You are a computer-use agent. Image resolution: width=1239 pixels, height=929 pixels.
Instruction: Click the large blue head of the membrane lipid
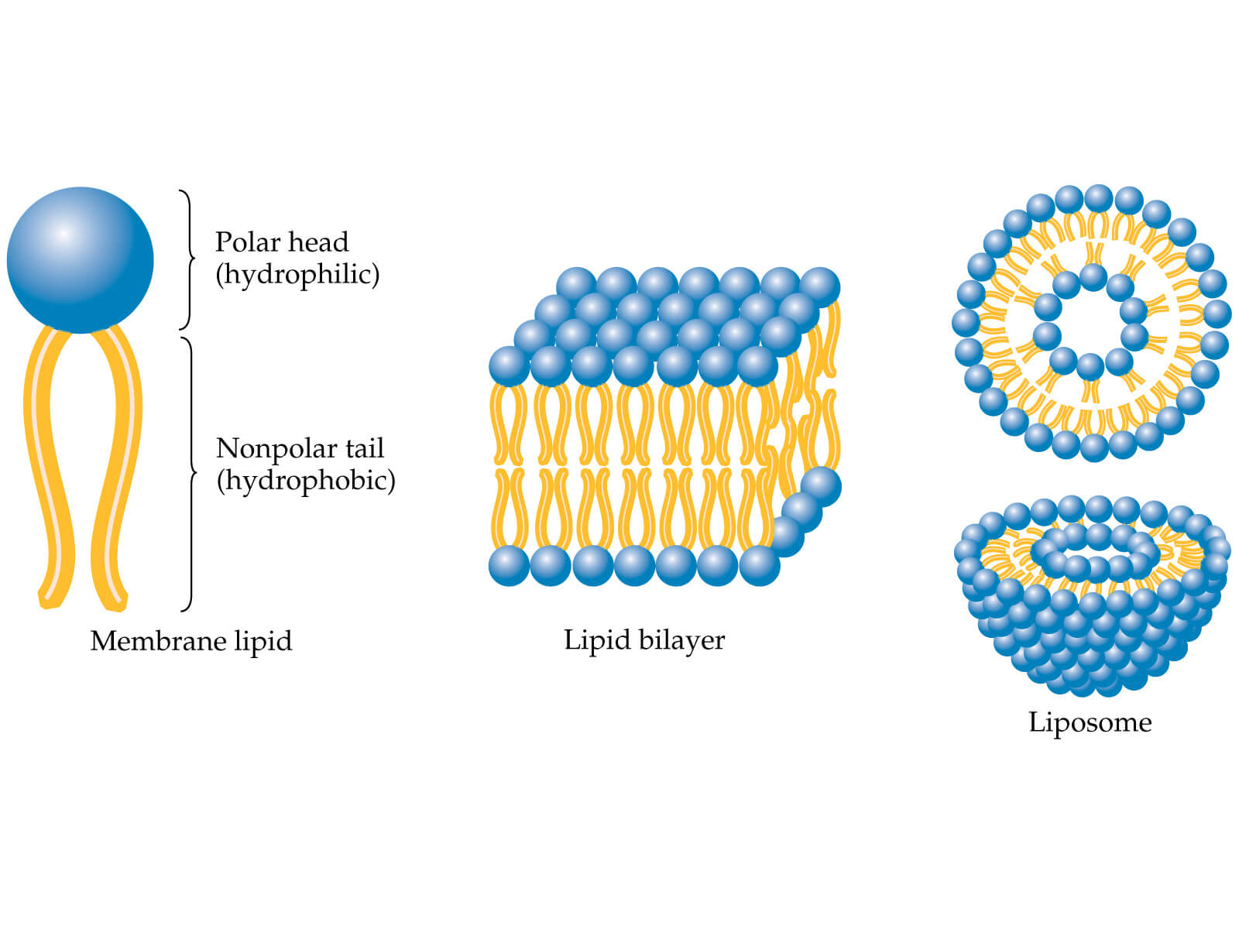(x=80, y=260)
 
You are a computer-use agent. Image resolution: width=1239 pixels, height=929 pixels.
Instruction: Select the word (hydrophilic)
(x=297, y=275)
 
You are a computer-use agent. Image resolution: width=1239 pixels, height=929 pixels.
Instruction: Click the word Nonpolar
(x=265, y=448)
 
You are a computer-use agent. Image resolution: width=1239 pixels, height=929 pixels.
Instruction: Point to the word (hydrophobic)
(x=306, y=481)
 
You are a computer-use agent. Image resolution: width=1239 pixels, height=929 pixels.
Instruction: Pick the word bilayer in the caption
(x=682, y=640)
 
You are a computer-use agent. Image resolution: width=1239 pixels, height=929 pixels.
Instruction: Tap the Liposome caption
(x=1090, y=722)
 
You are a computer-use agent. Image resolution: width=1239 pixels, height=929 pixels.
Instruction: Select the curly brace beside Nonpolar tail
(x=189, y=472)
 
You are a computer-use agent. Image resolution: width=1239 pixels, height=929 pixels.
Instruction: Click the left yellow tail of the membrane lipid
(x=46, y=464)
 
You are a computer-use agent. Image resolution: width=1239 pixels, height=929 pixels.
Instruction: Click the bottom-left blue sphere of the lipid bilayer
(x=509, y=565)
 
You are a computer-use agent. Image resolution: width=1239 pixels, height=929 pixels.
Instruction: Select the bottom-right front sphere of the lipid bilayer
(x=759, y=565)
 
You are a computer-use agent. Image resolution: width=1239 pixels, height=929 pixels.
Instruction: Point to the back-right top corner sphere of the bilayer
(x=819, y=287)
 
